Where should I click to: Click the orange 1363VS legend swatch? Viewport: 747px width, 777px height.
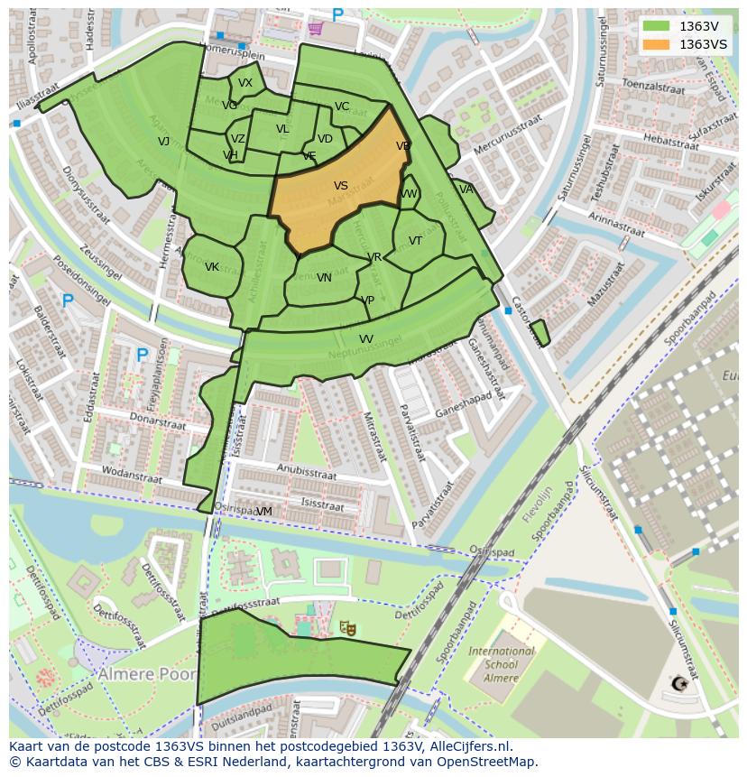coord(656,44)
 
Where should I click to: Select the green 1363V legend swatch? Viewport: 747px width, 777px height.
coord(656,26)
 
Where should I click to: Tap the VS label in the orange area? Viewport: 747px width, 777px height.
coord(341,186)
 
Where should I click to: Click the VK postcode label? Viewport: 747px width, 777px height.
coord(212,267)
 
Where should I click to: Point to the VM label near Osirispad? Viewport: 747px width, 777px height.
coord(264,512)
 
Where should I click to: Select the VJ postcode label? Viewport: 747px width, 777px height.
coord(163,142)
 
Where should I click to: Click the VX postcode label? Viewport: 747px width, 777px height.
coord(245,83)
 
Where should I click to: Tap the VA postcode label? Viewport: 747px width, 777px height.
coord(466,190)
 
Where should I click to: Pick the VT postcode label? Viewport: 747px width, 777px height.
coord(415,241)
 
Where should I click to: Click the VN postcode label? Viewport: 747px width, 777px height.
coord(324,278)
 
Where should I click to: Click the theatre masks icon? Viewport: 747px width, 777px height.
coord(346,626)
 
